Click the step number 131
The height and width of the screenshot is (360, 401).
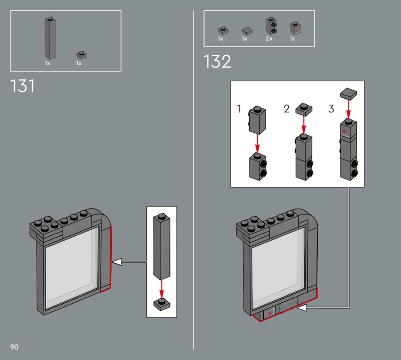tap(22, 86)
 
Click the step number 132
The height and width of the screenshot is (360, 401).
tap(218, 61)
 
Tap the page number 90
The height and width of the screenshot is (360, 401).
tap(15, 347)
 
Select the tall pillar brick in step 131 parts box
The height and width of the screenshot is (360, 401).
tap(50, 38)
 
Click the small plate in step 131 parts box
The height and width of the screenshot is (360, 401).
tap(82, 55)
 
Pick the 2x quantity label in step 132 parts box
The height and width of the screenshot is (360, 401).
tap(269, 39)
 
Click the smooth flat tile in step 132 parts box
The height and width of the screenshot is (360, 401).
tap(247, 31)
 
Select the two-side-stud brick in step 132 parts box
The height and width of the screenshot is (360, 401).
tap(271, 26)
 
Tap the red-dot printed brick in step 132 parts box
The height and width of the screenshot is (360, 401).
tap(295, 28)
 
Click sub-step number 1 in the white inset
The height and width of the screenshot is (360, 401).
tap(239, 108)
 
